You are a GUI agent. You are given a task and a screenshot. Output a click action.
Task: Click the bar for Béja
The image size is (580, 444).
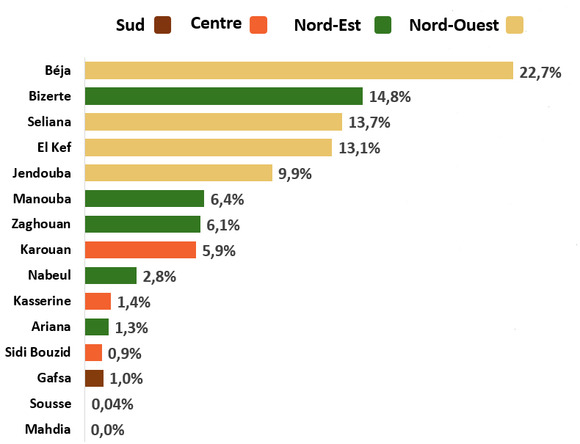(299, 70)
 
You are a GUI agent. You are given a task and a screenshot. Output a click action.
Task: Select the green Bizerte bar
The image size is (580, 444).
(224, 96)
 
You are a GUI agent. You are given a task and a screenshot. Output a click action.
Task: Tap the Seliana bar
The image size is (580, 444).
(214, 122)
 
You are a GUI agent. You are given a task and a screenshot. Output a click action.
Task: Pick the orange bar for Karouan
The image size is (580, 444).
(140, 250)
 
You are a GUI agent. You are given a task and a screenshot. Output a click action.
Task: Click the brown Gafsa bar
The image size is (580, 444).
(94, 378)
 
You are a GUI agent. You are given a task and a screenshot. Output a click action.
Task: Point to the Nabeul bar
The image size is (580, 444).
(111, 275)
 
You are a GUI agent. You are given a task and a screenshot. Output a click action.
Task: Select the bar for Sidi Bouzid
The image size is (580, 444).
(93, 353)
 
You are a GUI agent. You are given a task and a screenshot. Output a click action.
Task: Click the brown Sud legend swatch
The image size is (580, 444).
(163, 25)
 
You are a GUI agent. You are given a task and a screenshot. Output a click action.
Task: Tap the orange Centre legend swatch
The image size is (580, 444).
(258, 25)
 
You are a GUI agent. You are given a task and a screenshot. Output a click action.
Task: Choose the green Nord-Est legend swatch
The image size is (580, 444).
(383, 25)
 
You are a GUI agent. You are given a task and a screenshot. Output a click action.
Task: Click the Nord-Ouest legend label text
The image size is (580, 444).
(454, 25)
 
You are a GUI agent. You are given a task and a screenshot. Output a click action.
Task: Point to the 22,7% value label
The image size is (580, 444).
(540, 73)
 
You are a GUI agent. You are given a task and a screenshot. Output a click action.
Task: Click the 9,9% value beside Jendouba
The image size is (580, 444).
(295, 174)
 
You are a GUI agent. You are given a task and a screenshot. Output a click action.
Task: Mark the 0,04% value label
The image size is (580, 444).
(112, 404)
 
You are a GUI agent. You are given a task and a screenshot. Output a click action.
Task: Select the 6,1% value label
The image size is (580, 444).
(223, 225)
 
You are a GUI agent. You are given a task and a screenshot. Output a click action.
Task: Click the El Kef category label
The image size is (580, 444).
(54, 147)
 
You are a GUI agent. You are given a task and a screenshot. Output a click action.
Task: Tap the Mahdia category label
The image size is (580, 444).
(48, 429)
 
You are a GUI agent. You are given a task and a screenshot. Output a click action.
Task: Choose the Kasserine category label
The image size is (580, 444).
(42, 301)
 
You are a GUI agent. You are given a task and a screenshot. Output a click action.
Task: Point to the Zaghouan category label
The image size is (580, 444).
(41, 224)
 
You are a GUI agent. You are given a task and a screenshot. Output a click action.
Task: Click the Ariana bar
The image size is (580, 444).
(97, 327)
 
